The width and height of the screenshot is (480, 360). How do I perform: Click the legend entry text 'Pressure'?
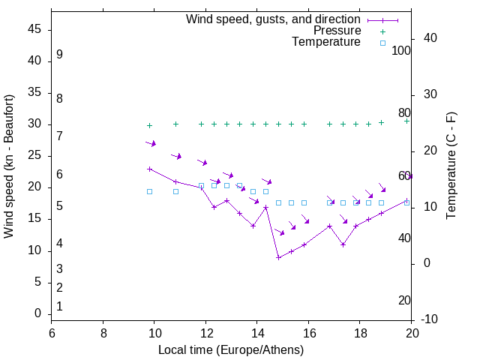tap(337, 31)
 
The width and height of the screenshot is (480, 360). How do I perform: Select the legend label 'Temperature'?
tap(326, 43)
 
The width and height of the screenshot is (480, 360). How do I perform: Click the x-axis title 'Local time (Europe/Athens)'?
tap(231, 350)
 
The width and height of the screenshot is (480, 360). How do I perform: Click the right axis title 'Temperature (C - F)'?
tap(451, 166)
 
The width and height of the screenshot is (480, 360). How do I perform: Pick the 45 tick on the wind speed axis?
tap(34, 29)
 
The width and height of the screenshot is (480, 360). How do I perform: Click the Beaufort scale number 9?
tap(59, 55)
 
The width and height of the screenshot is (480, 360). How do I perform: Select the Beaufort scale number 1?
tap(59, 306)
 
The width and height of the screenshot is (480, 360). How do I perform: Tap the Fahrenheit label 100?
tap(402, 50)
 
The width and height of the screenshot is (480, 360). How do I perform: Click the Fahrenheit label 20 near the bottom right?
tap(404, 300)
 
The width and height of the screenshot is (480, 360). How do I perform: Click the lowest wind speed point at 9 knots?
tap(278, 257)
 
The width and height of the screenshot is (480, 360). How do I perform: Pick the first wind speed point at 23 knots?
tap(149, 169)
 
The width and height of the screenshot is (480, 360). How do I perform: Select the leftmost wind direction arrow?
tap(151, 142)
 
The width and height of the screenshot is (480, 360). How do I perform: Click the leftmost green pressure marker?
tap(149, 126)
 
